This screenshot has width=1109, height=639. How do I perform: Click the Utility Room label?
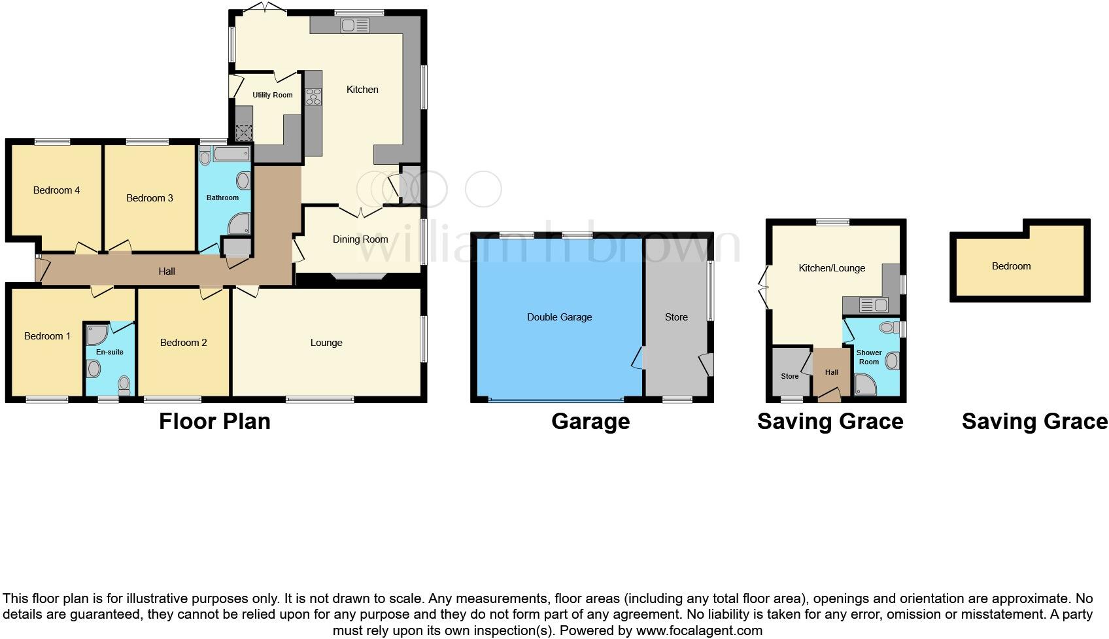click(x=273, y=95)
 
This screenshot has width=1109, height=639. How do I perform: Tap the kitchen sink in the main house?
click(x=354, y=26)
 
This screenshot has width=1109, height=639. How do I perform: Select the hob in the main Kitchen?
click(x=313, y=97)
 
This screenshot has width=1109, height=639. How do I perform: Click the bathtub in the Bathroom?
click(x=231, y=155)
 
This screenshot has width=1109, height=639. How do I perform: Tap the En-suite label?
click(x=109, y=352)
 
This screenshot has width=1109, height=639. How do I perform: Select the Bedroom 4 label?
click(x=56, y=190)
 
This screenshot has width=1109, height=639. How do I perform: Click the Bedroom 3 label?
click(x=150, y=198)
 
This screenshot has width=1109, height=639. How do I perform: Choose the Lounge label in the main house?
click(x=326, y=343)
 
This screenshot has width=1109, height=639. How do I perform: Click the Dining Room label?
click(x=360, y=239)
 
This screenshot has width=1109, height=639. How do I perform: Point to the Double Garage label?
click(x=559, y=317)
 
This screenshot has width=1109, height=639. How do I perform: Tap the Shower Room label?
click(x=869, y=357)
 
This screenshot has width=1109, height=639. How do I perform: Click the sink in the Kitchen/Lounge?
click(x=873, y=305)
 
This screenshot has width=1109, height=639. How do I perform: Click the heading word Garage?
click(x=590, y=421)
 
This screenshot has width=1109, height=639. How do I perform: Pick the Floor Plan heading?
click(x=214, y=421)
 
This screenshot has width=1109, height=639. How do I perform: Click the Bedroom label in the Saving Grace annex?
click(x=1011, y=266)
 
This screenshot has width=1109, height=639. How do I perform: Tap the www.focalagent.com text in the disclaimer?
click(x=699, y=631)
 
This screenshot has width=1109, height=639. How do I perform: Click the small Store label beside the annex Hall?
click(x=789, y=376)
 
